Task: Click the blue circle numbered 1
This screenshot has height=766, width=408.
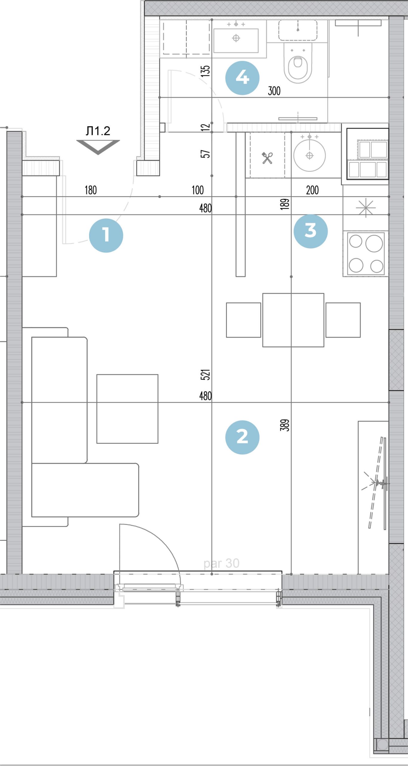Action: [x=106, y=235]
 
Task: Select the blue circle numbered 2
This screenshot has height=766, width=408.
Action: [x=242, y=437]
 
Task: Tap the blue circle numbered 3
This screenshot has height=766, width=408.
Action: [x=311, y=231]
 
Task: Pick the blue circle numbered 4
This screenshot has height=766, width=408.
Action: [x=242, y=78]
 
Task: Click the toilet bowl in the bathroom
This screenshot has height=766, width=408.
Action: [x=298, y=63]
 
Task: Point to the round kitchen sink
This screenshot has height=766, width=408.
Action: [x=309, y=155]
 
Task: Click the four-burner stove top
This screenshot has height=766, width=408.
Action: [x=366, y=253]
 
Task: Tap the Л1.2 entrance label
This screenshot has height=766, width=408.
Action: [x=98, y=131]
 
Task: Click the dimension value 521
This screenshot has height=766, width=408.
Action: [x=205, y=375]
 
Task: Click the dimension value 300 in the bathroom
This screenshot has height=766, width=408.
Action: [x=274, y=91]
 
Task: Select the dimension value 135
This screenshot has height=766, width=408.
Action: [x=205, y=71]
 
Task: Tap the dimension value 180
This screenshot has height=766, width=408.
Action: [x=91, y=190]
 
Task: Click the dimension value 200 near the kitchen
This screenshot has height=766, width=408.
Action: [x=312, y=190]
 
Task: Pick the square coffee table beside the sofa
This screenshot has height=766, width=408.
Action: [x=127, y=409]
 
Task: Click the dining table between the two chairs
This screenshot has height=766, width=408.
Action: [x=293, y=320]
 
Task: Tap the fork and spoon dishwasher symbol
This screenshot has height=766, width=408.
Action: [x=267, y=158]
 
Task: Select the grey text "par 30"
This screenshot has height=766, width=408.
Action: [x=221, y=564]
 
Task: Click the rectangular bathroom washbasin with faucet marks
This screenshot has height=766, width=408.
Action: [x=236, y=40]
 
